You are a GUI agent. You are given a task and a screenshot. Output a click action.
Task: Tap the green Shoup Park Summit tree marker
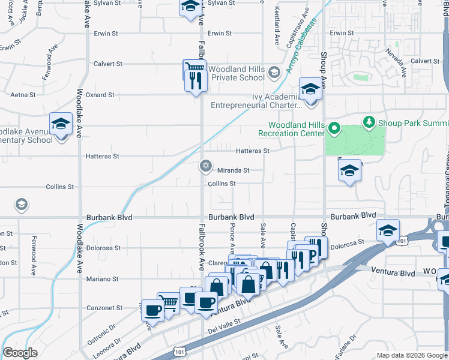point(368,122)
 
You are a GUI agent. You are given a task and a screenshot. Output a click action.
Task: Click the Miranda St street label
point(233,170)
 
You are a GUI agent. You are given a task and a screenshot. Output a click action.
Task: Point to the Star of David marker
point(205,165)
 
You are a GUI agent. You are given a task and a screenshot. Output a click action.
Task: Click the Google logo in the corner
point(20,353)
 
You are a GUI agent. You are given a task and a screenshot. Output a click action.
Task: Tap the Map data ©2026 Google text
point(412,355)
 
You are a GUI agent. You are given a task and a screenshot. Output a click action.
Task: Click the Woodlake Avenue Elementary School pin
point(61,124)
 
